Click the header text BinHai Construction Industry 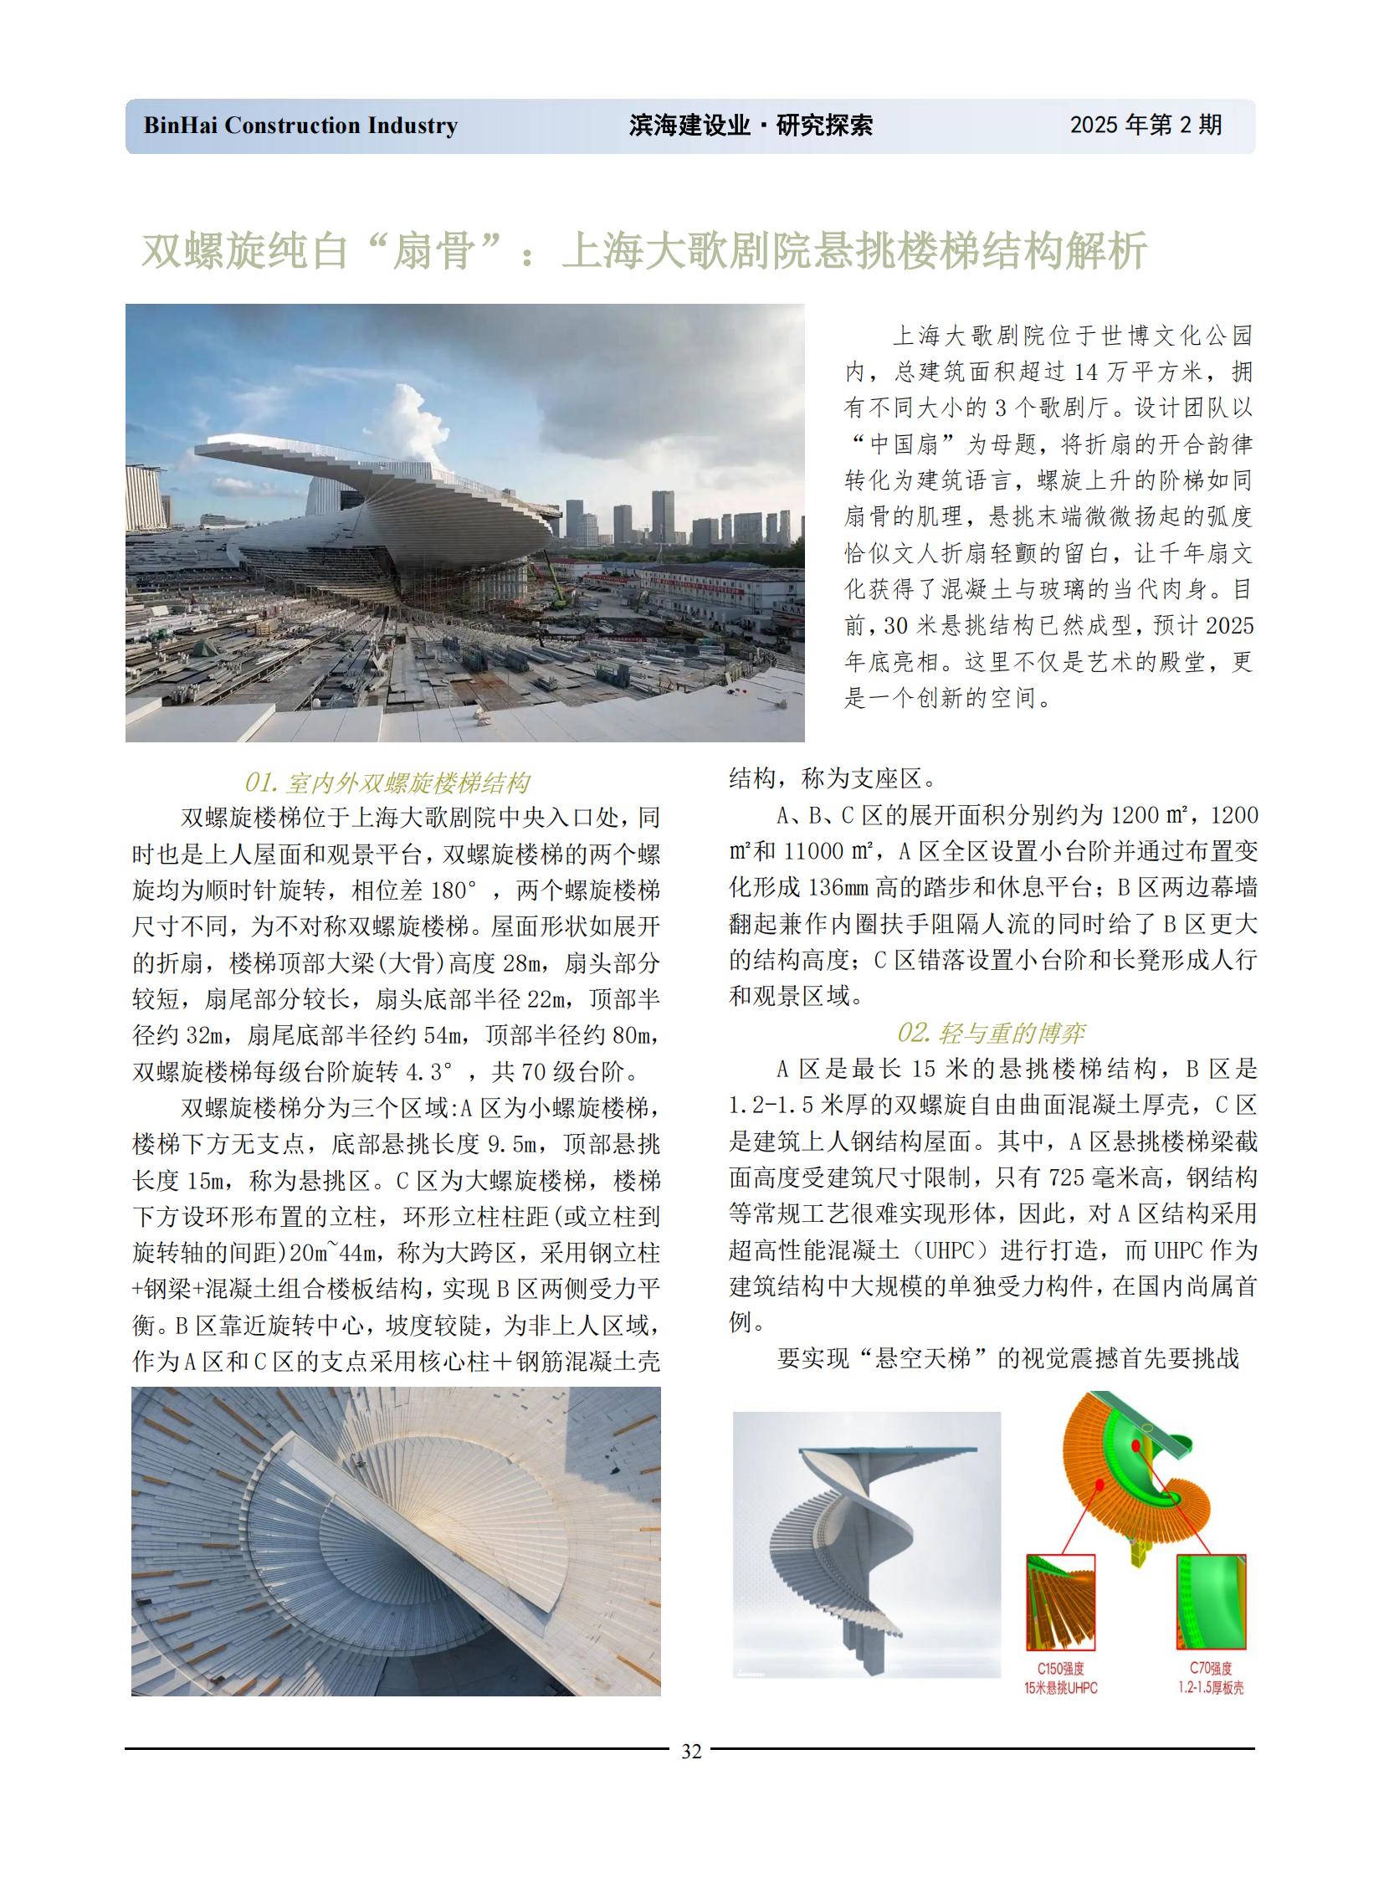click(x=300, y=126)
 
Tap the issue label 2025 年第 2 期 click(x=1146, y=125)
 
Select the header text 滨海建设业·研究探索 click(x=750, y=126)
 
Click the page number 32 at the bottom click(x=691, y=1751)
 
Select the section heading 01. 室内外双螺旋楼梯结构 click(x=387, y=782)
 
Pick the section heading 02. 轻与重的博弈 click(x=990, y=1033)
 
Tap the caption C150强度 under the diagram click(x=1060, y=1669)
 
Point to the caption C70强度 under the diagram click(x=1211, y=1669)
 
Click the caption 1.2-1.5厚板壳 click(x=1211, y=1687)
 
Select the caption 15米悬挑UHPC click(x=1060, y=1687)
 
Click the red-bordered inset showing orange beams click(x=1061, y=1603)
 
